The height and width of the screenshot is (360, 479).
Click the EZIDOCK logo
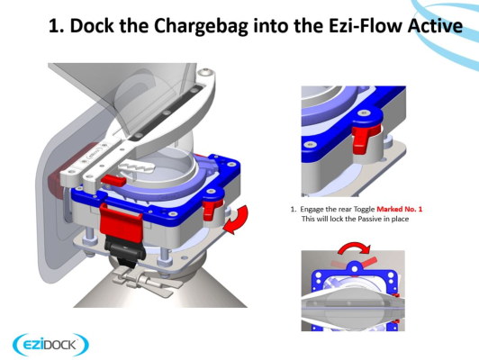tap(50, 345)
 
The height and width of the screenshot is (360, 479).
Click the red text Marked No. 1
tap(400, 209)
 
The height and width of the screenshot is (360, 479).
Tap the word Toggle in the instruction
tap(364, 210)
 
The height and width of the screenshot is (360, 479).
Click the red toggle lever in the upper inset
tap(364, 138)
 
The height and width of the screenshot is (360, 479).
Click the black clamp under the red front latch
tap(124, 250)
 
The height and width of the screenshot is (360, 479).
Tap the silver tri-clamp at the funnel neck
tap(142, 280)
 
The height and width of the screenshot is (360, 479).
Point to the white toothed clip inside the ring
tap(136, 166)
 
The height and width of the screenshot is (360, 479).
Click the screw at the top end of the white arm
tap(204, 74)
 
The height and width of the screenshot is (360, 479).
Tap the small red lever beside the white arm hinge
tap(113, 181)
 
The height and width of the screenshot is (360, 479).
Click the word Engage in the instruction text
tap(311, 210)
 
